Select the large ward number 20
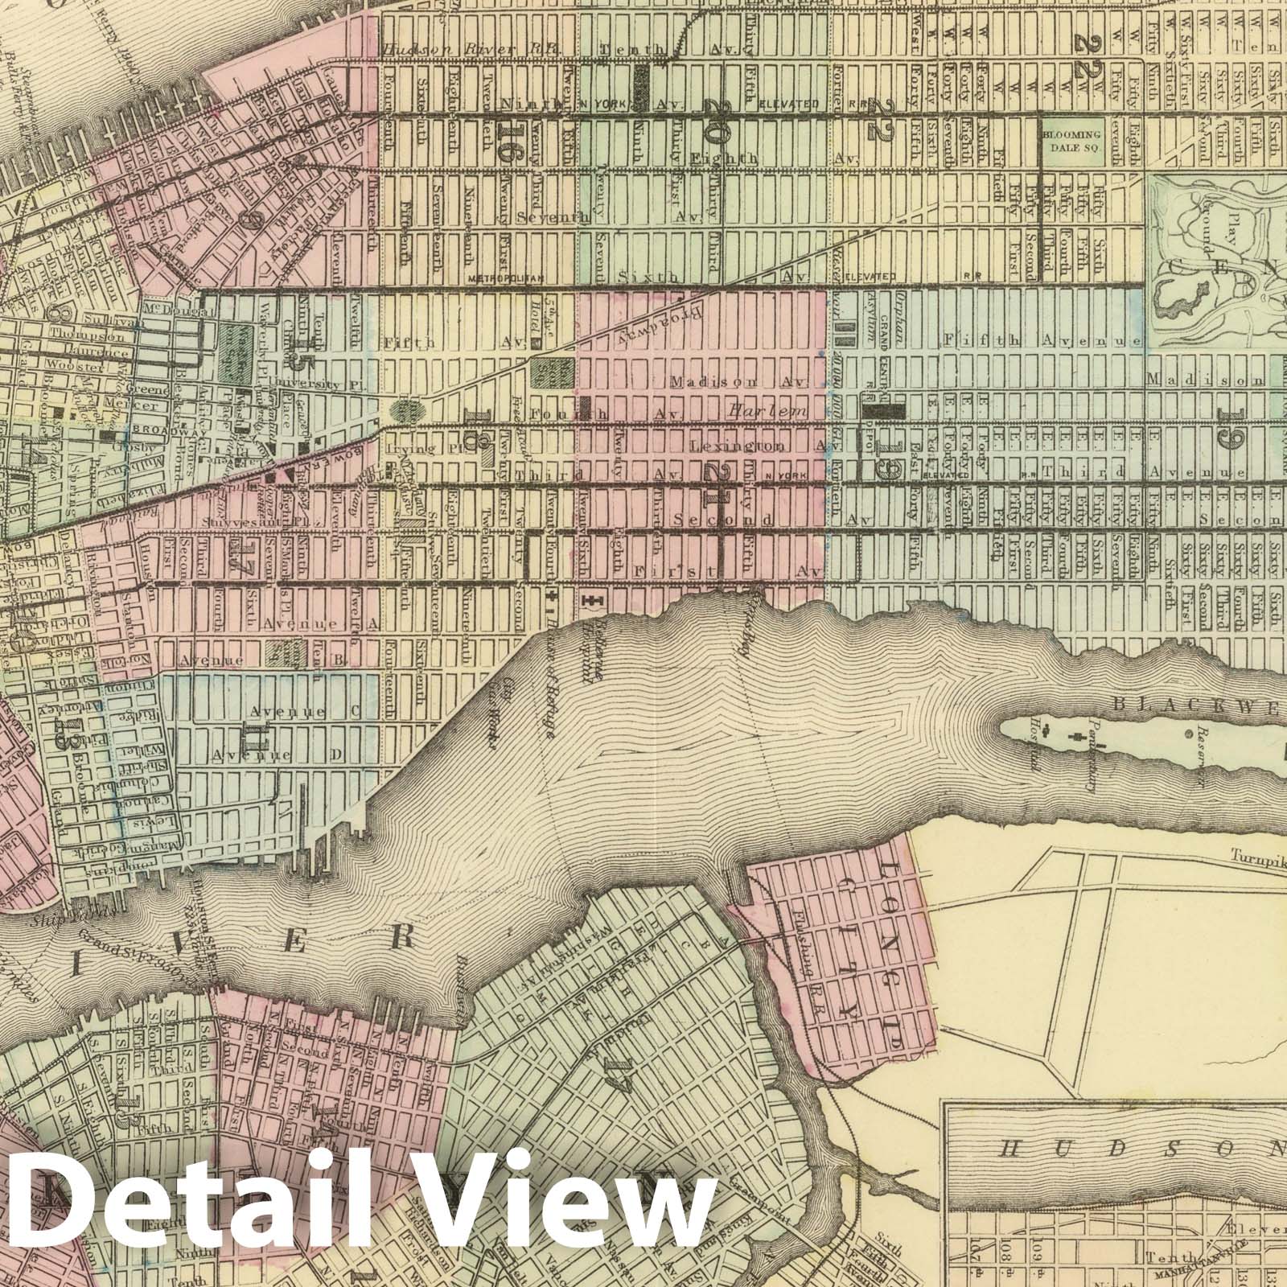(713, 121)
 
